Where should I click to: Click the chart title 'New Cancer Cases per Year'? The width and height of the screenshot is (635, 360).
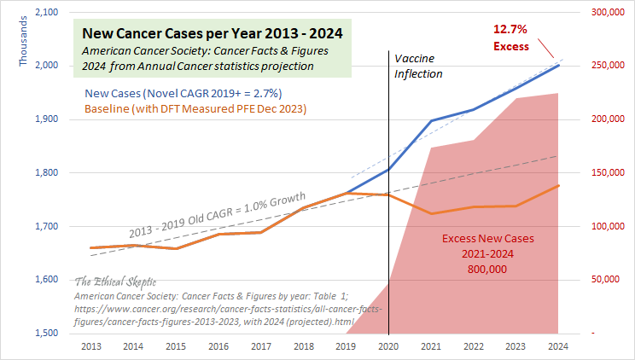[x=212, y=34]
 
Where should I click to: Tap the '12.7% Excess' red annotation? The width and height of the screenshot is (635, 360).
[x=511, y=38]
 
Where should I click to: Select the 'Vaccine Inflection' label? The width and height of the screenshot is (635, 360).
[x=418, y=66]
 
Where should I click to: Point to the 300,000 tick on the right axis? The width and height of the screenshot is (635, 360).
[x=604, y=13]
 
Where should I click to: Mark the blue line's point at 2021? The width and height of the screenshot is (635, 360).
[x=431, y=121]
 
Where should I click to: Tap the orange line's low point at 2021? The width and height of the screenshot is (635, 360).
[x=431, y=213]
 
